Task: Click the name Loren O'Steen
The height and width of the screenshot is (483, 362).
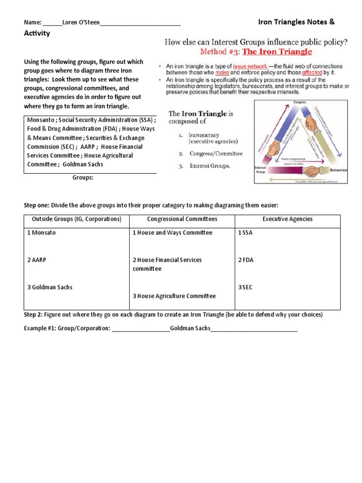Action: (81, 22)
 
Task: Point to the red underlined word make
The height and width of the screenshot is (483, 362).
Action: (222, 73)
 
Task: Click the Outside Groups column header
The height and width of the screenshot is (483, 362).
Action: (76, 219)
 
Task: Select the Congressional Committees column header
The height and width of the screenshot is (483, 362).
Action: (182, 219)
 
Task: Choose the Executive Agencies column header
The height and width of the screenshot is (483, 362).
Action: (288, 219)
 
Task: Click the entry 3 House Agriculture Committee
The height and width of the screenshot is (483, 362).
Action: (174, 296)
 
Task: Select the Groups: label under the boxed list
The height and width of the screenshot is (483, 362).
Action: (83, 178)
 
